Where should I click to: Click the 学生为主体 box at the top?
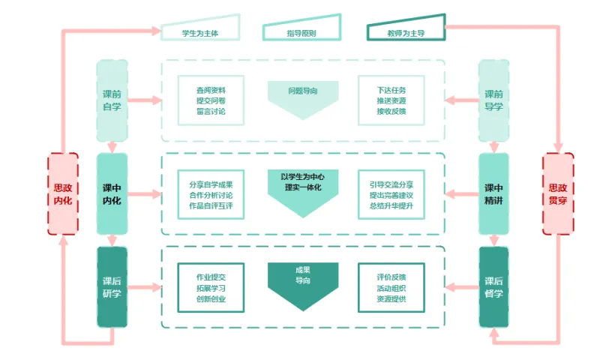pyautogui.click(x=200, y=31)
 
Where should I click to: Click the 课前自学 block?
pyautogui.click(x=112, y=100)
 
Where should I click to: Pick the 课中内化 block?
pyautogui.click(x=112, y=193)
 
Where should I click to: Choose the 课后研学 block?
pyautogui.click(x=112, y=287)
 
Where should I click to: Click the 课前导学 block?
pyautogui.click(x=493, y=100)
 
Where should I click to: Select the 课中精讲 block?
pyautogui.click(x=493, y=193)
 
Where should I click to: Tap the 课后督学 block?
pyautogui.click(x=493, y=287)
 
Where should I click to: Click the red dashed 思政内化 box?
pyautogui.click(x=63, y=193)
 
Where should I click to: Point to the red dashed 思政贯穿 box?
pyautogui.click(x=557, y=193)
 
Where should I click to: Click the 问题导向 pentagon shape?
pyautogui.click(x=303, y=98)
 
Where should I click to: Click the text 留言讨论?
pyautogui.click(x=211, y=111)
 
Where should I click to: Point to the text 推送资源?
pyautogui.click(x=391, y=100)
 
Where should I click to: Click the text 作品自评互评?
pyautogui.click(x=211, y=205)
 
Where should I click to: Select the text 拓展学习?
pyautogui.click(x=211, y=288)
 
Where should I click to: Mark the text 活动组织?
pyautogui.click(x=391, y=288)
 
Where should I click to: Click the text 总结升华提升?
pyautogui.click(x=391, y=205)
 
